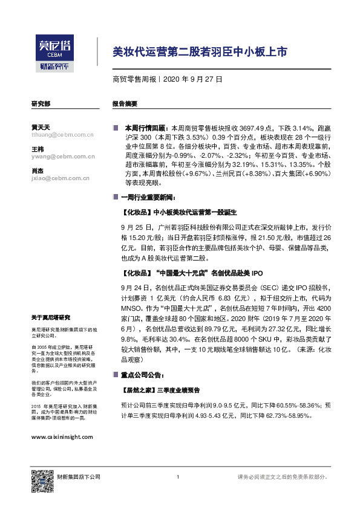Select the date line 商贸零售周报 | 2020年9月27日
pyautogui.click(x=168, y=79)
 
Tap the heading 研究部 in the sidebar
pyautogui.click(x=41, y=103)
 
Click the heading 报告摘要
pyautogui.click(x=125, y=103)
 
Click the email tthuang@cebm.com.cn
pyautogui.click(x=62, y=135)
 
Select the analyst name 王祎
pyautogui.click(x=38, y=149)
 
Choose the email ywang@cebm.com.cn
pyautogui.click(x=62, y=157)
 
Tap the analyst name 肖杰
pyautogui.click(x=38, y=170)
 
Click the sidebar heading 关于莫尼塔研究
pyautogui.click(x=51, y=317)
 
